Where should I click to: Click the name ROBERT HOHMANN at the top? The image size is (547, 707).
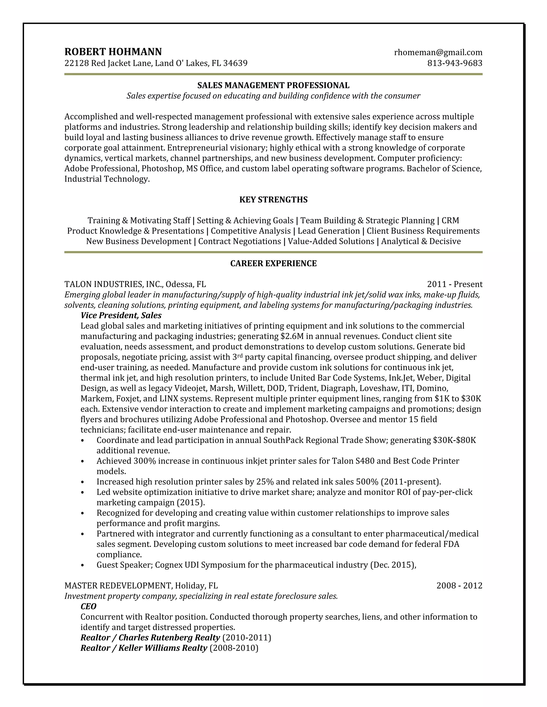[113, 52]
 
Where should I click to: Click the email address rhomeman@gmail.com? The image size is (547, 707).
[438, 53]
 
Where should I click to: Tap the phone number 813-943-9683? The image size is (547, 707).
[455, 63]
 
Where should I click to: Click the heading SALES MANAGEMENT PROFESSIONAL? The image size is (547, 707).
[273, 85]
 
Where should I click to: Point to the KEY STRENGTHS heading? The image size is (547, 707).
[273, 200]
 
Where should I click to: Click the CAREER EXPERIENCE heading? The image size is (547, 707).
[273, 264]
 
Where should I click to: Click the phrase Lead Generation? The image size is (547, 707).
[329, 231]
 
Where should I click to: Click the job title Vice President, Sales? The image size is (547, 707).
[121, 315]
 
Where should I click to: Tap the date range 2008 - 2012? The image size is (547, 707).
[459, 586]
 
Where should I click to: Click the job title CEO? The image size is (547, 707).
[88, 606]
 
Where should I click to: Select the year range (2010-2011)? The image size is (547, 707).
[247, 638]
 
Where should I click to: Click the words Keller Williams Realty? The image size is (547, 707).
[163, 648]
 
